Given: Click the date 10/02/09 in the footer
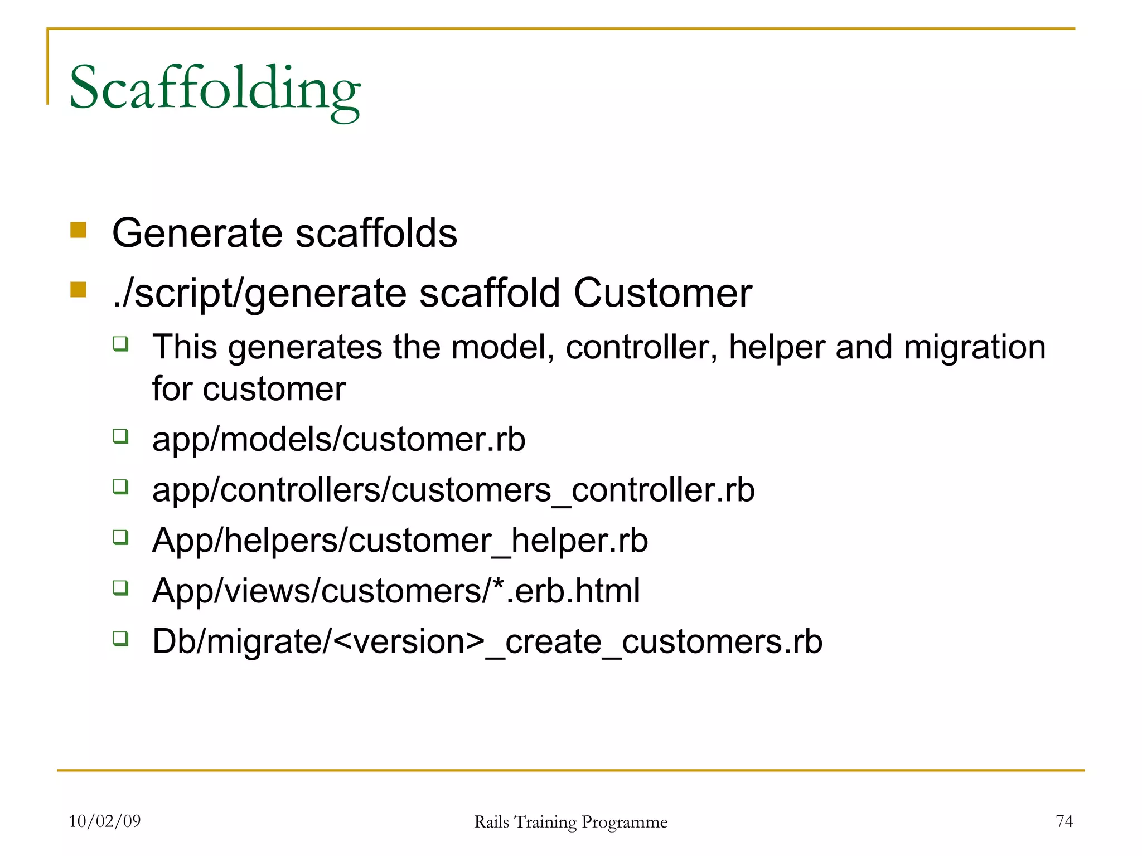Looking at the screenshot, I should (x=105, y=821).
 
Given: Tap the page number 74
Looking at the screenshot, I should (x=1064, y=821).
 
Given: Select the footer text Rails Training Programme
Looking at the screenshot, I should (x=570, y=822).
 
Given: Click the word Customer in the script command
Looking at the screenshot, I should (x=662, y=293).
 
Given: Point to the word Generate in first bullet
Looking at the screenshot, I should (x=197, y=233).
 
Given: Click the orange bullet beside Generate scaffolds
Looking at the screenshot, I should (x=79, y=230).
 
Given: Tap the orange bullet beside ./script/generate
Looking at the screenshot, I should (x=79, y=290).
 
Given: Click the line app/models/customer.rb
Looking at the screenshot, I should (x=338, y=440).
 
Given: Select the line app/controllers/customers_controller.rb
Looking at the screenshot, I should (x=453, y=490).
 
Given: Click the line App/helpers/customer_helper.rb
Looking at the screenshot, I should (x=400, y=541).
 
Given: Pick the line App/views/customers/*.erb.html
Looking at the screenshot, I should (x=396, y=591).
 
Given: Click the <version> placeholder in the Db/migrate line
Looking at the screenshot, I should (x=409, y=642).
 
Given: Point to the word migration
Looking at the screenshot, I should (x=974, y=347).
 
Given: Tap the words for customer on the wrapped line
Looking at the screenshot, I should (x=249, y=389).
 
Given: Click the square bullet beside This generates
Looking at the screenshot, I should (x=121, y=343).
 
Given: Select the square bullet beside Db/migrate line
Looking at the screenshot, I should (x=121, y=638).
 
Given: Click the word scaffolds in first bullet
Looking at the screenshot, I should (x=376, y=233).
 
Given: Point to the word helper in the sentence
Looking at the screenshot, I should (x=777, y=347).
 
